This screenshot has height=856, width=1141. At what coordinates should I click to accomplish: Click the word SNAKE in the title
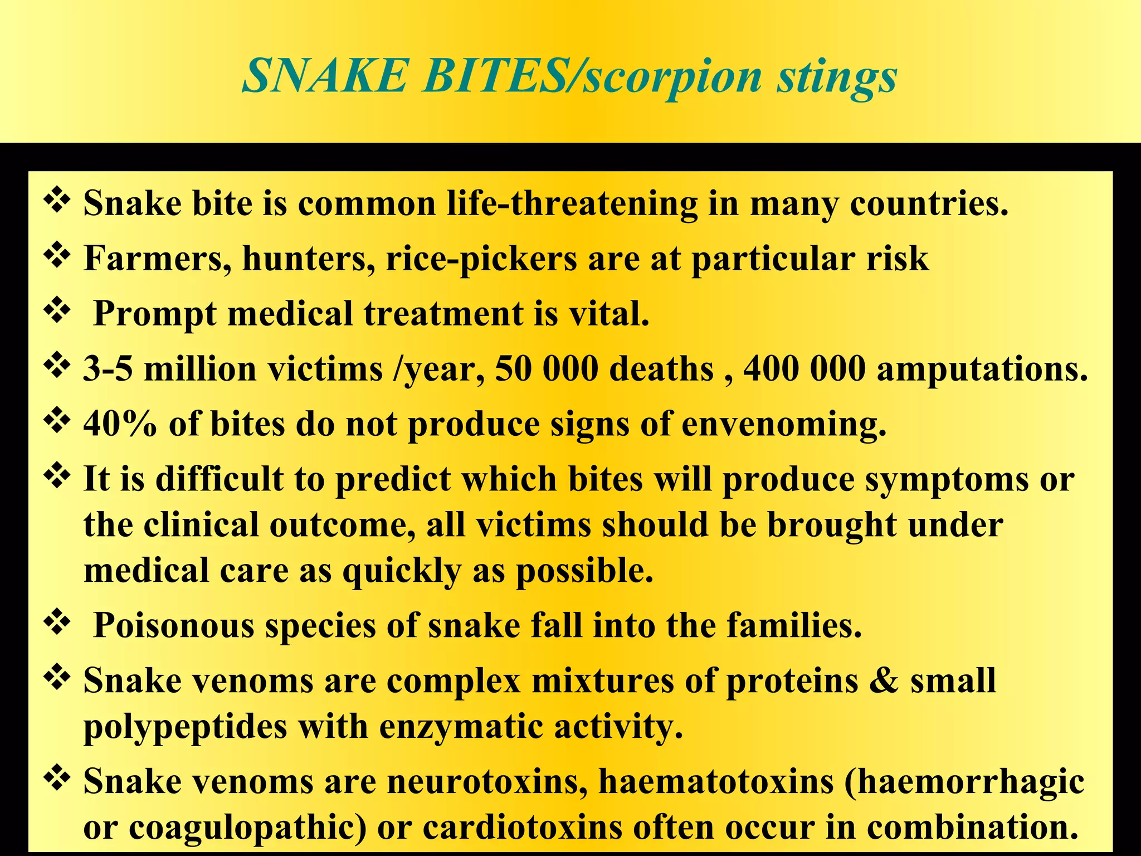[325, 76]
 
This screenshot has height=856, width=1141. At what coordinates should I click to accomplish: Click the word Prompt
[154, 314]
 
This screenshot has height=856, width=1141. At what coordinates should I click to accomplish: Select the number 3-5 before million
[108, 369]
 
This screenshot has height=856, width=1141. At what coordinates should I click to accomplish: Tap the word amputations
[982, 370]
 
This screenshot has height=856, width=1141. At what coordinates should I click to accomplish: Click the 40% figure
[120, 424]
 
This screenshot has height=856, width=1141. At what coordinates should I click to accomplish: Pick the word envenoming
[783, 425]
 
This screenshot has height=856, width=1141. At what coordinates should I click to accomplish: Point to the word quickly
[402, 572]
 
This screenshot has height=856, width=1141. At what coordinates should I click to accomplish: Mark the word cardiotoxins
[522, 827]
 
